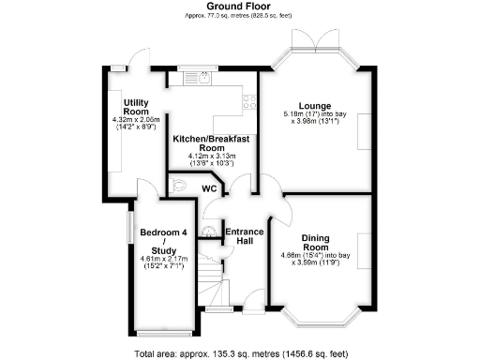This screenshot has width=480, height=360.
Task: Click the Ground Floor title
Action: (239, 7)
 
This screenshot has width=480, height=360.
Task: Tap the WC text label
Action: (210, 188)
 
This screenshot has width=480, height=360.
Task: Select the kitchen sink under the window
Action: (202, 80)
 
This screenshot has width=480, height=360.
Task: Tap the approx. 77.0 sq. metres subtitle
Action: (239, 17)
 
